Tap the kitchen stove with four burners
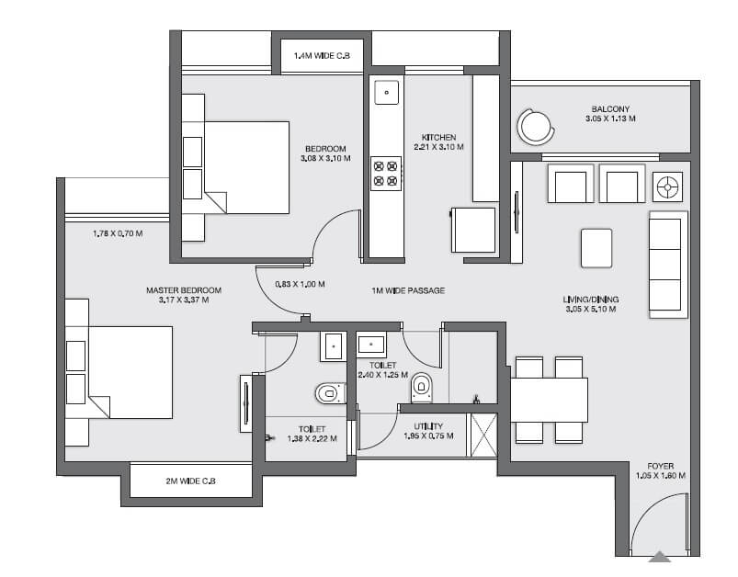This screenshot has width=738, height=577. click(x=385, y=174)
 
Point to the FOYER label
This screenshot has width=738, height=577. click(x=660, y=466)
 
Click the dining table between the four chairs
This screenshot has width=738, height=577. click(x=549, y=400)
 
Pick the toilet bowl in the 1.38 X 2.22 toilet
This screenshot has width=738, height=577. click(x=328, y=394)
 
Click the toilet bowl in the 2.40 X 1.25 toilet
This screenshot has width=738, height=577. click(x=421, y=388)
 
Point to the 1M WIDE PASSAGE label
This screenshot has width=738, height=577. click(x=408, y=291)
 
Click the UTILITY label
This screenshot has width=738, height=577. click(x=428, y=426)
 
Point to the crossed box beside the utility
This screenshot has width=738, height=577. click(x=483, y=436)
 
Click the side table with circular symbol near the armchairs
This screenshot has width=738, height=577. click(x=667, y=187)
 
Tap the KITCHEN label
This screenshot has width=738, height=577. click(x=438, y=138)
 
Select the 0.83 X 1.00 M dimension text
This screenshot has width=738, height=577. click(x=301, y=284)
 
